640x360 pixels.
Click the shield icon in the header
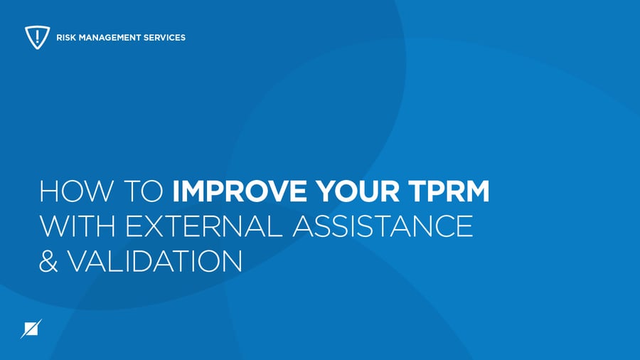click(x=36, y=37)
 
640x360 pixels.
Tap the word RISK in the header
click(x=66, y=37)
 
